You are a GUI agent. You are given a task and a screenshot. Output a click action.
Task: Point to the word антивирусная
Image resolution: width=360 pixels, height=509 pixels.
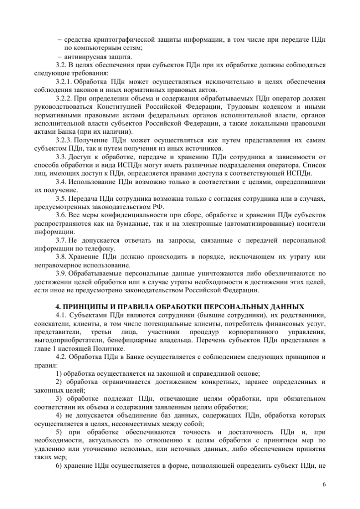point(86,56)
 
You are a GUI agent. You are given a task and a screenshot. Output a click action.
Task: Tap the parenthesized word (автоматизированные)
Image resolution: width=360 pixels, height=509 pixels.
point(256,223)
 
